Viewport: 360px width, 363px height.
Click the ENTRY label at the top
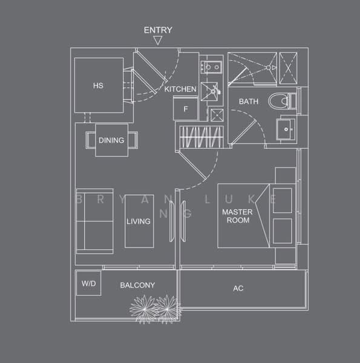click(x=158, y=30)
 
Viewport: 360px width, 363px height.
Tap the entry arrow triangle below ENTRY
click(x=158, y=41)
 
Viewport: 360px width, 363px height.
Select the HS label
click(x=98, y=85)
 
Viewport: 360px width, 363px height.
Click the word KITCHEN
click(x=180, y=89)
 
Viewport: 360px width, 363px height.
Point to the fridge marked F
click(x=186, y=110)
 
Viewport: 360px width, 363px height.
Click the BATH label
click(x=248, y=102)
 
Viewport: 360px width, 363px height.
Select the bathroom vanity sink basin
click(x=286, y=128)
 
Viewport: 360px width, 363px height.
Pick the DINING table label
click(x=111, y=140)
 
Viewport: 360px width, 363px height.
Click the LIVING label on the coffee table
click(x=138, y=221)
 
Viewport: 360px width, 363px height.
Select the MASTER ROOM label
click(x=237, y=216)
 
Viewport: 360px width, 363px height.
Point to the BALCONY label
click(x=137, y=285)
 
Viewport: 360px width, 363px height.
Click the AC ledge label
click(x=238, y=289)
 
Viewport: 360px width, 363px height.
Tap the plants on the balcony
click(x=154, y=307)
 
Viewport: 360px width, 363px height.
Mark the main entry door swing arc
click(x=172, y=76)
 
